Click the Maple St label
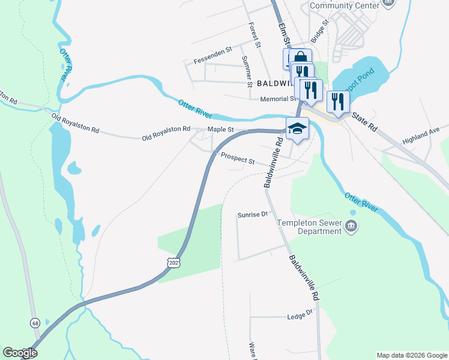pos(220,129)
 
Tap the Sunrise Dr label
pos(252,214)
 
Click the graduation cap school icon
pos(297,128)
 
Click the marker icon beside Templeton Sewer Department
pos(352,226)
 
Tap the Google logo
pos(20,353)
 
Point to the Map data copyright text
pos(411,355)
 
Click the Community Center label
pos(345,5)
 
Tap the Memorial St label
pos(279,99)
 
